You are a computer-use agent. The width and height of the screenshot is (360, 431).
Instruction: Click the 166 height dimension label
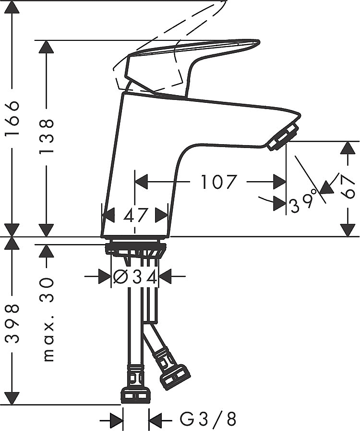tap(12, 118)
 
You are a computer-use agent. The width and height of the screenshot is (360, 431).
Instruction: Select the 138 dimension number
tap(46, 136)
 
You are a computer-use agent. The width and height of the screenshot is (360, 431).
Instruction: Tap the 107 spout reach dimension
tap(218, 182)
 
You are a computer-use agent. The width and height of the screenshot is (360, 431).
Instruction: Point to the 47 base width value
tap(135, 215)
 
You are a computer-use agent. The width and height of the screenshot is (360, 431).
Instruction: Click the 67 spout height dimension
tap(348, 187)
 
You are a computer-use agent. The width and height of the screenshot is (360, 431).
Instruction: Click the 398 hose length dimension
tap(12, 323)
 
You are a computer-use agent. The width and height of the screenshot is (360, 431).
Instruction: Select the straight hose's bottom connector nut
tap(136, 396)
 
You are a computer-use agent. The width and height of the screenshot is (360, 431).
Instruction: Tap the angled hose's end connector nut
tap(175, 377)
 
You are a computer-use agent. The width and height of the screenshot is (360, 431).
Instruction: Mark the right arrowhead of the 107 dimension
tap(280, 182)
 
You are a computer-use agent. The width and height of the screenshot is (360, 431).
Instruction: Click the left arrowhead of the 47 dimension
tap(108, 215)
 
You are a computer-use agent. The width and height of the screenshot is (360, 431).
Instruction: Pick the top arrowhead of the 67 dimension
tap(348, 148)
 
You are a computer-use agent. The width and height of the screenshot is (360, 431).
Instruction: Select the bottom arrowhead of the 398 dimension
tap(12, 397)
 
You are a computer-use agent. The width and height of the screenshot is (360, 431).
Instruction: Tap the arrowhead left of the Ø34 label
tap(105, 276)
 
